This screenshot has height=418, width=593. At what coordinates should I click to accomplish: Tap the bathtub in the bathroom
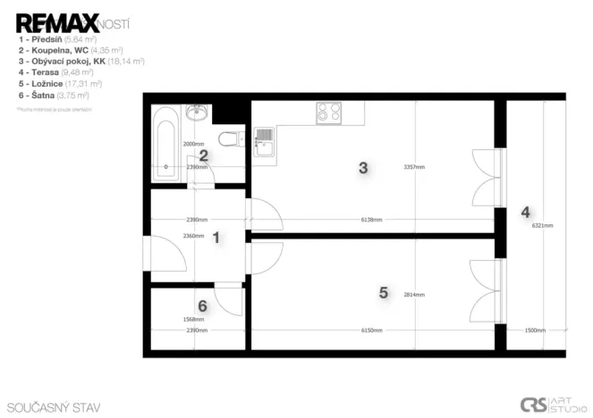[165, 143]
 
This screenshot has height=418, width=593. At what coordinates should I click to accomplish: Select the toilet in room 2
[228, 139]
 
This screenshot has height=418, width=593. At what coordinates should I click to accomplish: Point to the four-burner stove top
[328, 113]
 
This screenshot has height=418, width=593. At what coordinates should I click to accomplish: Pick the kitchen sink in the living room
[264, 141]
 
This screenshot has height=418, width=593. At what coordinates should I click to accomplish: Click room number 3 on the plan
[362, 167]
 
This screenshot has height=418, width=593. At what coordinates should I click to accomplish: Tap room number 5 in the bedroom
[384, 292]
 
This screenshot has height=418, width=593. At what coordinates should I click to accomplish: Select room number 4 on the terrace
[525, 213]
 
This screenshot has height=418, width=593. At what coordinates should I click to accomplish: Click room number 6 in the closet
[202, 306]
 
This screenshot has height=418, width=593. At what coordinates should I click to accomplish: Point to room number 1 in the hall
[215, 237]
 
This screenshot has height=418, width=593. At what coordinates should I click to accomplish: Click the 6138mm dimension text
[371, 220]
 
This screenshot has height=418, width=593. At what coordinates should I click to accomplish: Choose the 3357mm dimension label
[413, 167]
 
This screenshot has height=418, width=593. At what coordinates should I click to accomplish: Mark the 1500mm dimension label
[536, 330]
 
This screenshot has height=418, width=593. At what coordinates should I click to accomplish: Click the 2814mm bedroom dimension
[413, 295]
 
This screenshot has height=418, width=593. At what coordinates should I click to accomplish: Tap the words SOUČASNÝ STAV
[53, 407]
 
